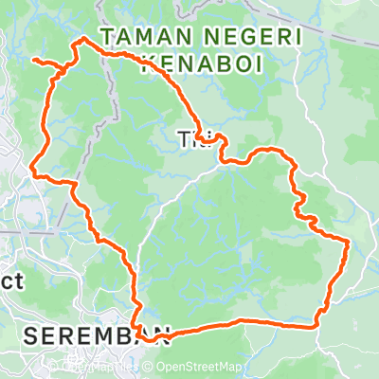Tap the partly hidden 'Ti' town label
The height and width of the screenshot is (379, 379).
(x=187, y=140)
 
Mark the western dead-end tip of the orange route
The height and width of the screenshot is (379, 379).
(x=34, y=60)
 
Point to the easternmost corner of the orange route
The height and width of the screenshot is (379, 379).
(x=350, y=243)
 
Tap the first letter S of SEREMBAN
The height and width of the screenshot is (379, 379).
(x=29, y=335)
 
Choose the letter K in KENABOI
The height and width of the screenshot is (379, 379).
(x=147, y=64)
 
